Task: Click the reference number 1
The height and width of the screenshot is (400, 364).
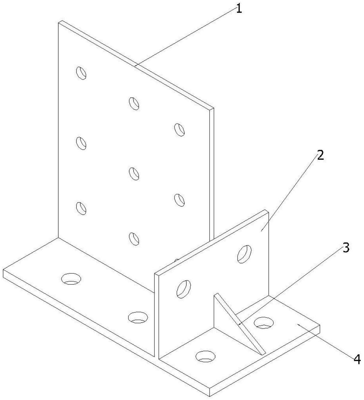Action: [x=239, y=9]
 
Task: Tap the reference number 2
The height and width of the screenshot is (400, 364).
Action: [x=320, y=155]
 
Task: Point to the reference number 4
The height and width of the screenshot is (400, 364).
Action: [x=357, y=360]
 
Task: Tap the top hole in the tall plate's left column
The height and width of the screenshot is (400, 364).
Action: [x=81, y=73]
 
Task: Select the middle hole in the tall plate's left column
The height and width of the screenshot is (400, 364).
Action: [x=81, y=143]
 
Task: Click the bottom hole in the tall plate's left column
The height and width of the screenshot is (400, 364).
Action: [x=81, y=208]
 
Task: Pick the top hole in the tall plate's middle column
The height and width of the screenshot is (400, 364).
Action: [x=134, y=103]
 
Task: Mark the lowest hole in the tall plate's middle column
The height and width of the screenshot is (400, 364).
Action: [x=134, y=239]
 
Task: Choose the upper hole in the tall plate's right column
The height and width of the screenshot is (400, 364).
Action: [x=179, y=130]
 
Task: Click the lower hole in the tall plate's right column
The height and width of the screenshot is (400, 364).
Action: [x=179, y=200]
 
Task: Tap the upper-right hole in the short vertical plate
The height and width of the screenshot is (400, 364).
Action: [x=244, y=254]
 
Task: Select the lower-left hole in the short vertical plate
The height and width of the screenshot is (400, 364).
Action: [x=184, y=289]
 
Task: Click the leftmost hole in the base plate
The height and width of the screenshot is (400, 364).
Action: [x=71, y=279]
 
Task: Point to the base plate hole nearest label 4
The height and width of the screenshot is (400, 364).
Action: [x=264, y=322]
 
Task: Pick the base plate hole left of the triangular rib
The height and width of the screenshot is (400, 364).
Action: [x=205, y=357]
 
